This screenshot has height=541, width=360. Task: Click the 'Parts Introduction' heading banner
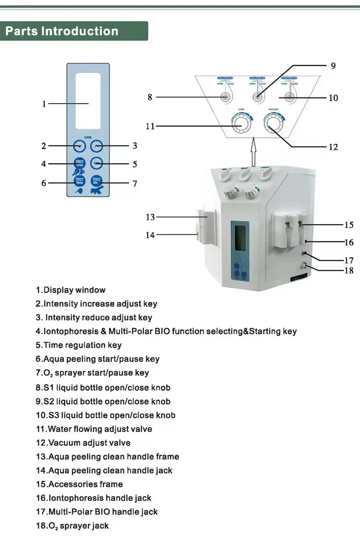point(62,32)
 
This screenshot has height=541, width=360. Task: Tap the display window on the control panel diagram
point(88,101)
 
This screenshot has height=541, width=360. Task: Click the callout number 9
point(333,66)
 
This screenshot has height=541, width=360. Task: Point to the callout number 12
point(333,147)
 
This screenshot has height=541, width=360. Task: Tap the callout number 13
point(150,217)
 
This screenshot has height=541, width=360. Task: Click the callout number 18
point(349,271)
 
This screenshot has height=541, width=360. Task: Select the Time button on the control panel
point(97,163)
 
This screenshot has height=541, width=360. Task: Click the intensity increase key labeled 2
point(79,146)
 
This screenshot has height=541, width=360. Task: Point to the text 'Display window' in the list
point(74,290)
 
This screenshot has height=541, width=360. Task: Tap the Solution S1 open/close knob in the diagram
point(225,97)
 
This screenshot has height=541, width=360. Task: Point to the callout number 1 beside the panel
point(44,104)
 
